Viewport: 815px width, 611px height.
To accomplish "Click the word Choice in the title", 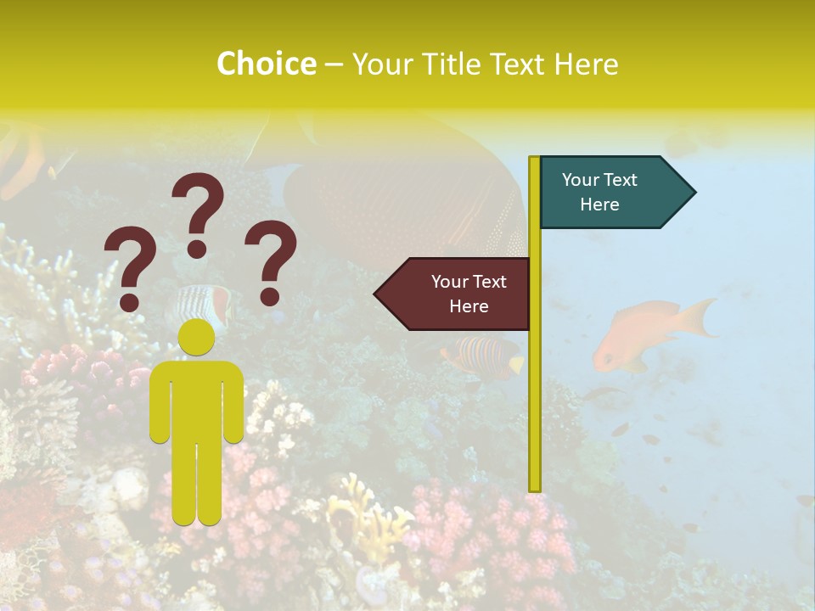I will pyautogui.click(x=266, y=64).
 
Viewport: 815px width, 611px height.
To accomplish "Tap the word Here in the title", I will pyautogui.click(x=586, y=64).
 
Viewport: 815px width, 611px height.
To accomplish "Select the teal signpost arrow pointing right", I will pyautogui.click(x=615, y=193).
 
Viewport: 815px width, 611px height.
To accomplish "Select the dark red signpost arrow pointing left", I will pyautogui.click(x=454, y=294).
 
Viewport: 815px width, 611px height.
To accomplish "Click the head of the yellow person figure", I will pyautogui.click(x=197, y=338).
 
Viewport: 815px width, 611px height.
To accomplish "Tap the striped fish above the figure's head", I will pyautogui.click(x=200, y=301).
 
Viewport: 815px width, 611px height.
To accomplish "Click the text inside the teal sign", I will pyautogui.click(x=599, y=192).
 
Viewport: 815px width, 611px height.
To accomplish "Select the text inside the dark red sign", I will pyautogui.click(x=469, y=294).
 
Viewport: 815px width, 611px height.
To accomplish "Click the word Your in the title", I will pyautogui.click(x=379, y=64).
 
